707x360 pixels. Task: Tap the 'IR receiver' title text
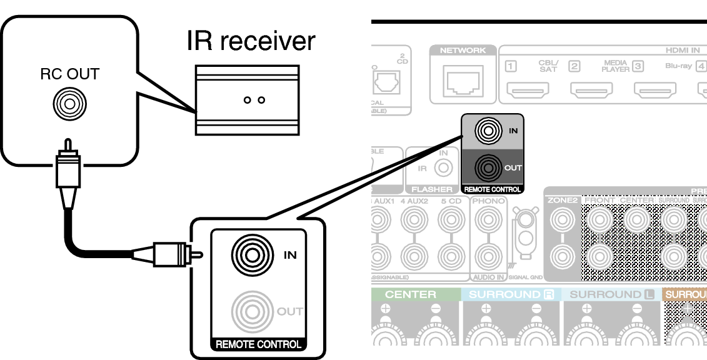tap(251, 41)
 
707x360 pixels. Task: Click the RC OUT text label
tap(69, 74)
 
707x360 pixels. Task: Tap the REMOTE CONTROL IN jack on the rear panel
tap(488, 131)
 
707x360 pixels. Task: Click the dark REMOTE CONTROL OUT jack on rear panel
tap(488, 167)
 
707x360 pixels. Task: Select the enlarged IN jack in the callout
tap(252, 254)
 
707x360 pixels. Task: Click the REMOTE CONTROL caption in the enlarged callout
tap(258, 344)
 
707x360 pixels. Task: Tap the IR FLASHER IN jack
tap(444, 167)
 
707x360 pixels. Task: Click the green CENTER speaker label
tap(411, 294)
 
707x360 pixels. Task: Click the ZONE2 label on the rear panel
tap(562, 201)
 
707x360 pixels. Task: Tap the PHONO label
tap(489, 201)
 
